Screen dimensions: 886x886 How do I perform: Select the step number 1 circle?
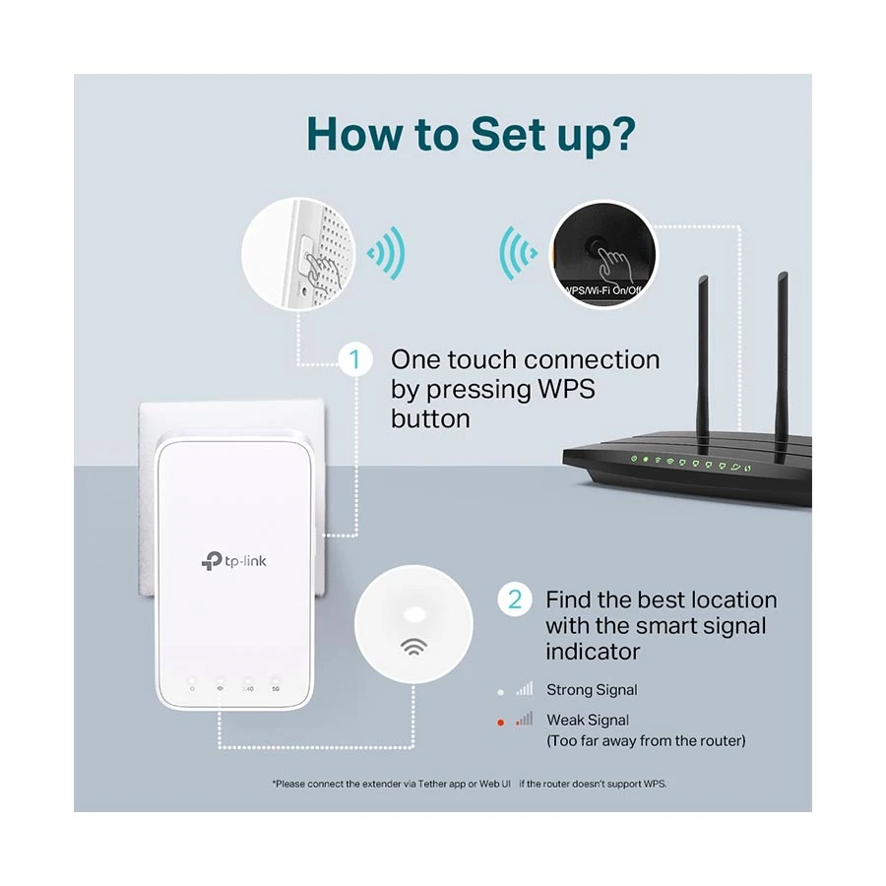355,359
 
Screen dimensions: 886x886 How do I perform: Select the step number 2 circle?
514,599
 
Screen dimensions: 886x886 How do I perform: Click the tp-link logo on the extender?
233,560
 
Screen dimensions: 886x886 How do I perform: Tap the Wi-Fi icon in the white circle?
413,648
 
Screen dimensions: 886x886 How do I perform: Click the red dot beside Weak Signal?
500,723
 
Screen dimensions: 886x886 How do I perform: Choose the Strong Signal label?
592,690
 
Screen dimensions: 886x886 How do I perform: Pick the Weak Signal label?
588,721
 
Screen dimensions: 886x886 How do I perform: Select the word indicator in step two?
593,651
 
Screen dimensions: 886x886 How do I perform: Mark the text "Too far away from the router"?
646,740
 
